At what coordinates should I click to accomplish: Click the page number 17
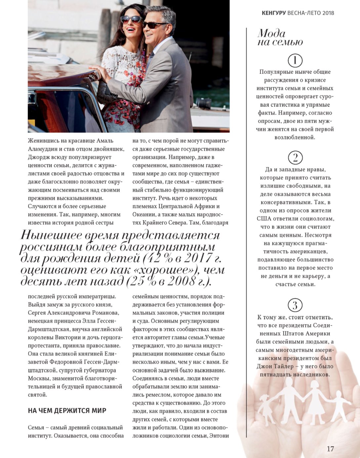[330, 449]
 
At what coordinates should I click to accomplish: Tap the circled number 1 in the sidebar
[295, 60]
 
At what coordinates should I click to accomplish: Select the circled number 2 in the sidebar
[295, 158]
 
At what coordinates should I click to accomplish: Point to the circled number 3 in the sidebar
[295, 305]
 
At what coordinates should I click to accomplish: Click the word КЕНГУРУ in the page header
[273, 13]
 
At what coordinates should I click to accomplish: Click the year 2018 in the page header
[328, 13]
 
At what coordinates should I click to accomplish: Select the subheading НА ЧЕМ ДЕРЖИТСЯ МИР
[67, 411]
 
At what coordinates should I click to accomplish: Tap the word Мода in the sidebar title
[271, 33]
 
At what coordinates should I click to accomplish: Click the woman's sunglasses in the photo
[131, 19]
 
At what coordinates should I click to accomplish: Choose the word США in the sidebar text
[263, 219]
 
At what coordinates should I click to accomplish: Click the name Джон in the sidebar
[264, 366]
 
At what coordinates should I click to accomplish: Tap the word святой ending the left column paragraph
[37, 395]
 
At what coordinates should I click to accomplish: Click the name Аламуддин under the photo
[42, 149]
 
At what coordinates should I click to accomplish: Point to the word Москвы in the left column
[39, 378]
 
